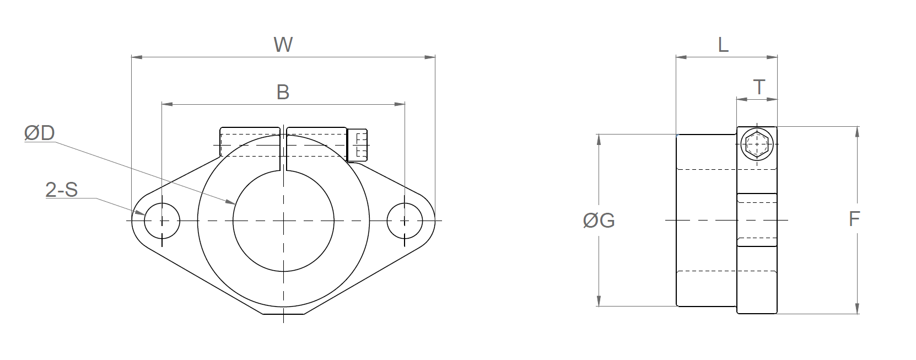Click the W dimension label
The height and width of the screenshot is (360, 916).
coord(283,45)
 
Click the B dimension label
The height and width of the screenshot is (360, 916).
coord(283,92)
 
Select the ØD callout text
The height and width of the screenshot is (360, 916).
coord(40,133)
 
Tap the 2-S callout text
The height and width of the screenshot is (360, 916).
coord(61,190)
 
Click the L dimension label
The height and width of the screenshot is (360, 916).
coord(723,45)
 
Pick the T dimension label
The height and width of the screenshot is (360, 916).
coord(759,87)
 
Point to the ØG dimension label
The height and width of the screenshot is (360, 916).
coord(599,221)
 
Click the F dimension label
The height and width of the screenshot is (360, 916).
coord(854,219)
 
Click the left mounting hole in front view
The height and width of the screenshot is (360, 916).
coord(162,221)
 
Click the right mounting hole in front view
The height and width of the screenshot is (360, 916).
coord(405,221)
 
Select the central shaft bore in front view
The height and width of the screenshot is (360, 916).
coord(283,221)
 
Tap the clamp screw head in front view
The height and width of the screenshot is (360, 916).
coord(358,145)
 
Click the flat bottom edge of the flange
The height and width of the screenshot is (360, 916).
coord(283,314)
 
